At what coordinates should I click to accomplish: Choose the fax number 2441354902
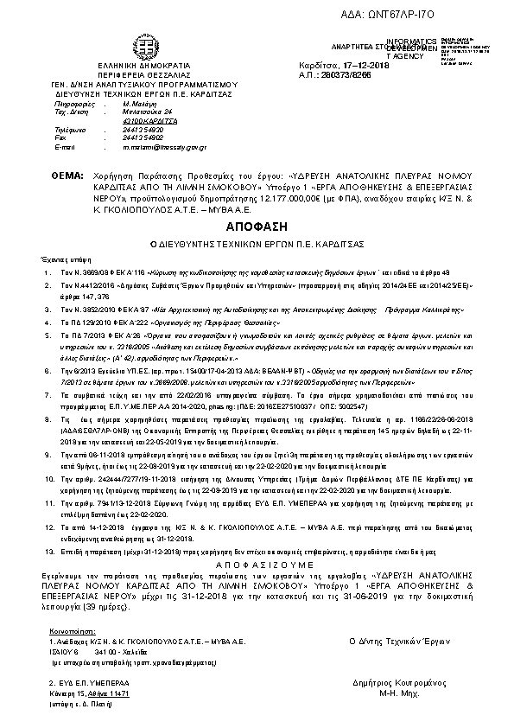click(x=144, y=137)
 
